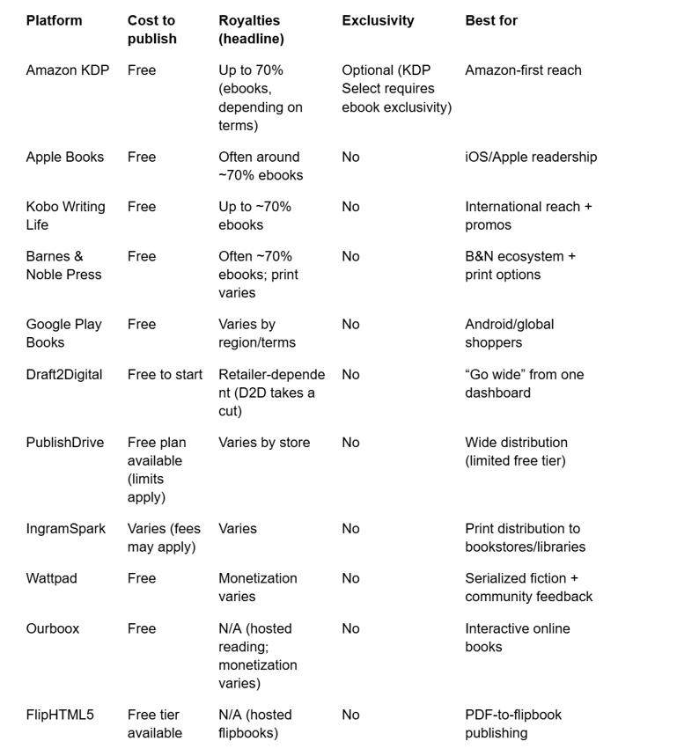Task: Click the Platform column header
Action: point(54,20)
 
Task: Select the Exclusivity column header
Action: point(378,20)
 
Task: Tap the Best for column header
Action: point(491,20)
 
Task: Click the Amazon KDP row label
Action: point(68,70)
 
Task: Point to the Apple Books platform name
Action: point(65,158)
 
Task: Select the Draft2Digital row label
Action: point(64,375)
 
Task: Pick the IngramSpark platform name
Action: point(66,529)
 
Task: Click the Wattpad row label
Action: point(52,579)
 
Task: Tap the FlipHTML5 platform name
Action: point(60,716)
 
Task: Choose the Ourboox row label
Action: point(53,629)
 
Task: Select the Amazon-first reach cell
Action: point(523,70)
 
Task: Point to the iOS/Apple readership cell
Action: point(531,158)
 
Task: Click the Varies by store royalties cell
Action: point(264,443)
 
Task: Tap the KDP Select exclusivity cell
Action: point(396,89)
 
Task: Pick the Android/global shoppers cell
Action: point(510,334)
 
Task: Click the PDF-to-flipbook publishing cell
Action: point(513,724)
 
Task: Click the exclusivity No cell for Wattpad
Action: point(350,579)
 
